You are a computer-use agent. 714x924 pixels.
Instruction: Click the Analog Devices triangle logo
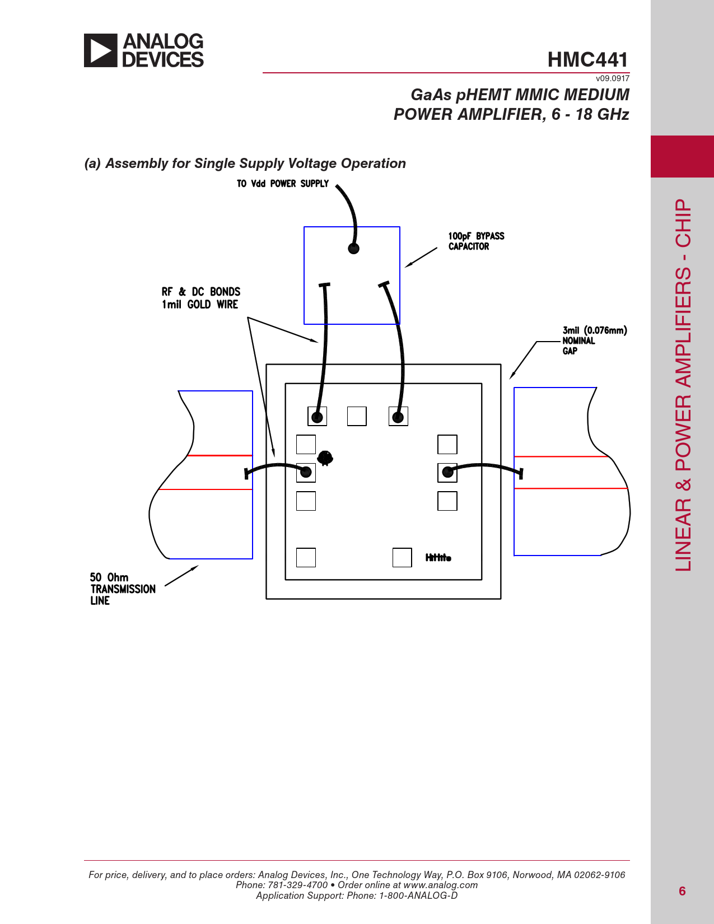click(x=100, y=50)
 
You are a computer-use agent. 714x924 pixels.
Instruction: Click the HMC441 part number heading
click(x=587, y=59)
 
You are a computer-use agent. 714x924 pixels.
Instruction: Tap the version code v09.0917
click(x=613, y=78)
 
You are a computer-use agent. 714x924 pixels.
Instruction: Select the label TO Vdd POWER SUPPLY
click(x=283, y=184)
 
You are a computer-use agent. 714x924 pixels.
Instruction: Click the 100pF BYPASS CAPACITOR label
click(x=477, y=241)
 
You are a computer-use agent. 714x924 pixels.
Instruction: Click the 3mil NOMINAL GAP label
click(x=595, y=340)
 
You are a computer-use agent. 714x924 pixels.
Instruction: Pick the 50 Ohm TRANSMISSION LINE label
click(x=123, y=589)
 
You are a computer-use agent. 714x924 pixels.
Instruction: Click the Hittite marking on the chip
click(x=438, y=557)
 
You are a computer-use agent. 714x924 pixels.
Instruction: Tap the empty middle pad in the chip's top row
click(x=357, y=416)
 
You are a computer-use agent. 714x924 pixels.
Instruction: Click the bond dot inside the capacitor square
click(x=353, y=248)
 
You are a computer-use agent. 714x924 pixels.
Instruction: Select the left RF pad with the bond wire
click(x=306, y=473)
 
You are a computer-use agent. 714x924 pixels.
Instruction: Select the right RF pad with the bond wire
click(x=447, y=473)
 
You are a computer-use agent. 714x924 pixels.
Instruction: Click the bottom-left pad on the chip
click(x=306, y=557)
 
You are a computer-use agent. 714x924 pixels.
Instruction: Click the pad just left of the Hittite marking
click(x=402, y=557)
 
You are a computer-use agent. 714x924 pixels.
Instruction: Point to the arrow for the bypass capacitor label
click(x=421, y=257)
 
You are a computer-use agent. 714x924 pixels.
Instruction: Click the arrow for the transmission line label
click(x=181, y=576)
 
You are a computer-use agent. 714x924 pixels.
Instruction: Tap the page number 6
click(x=682, y=891)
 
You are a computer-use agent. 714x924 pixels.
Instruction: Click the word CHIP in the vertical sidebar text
click(x=683, y=223)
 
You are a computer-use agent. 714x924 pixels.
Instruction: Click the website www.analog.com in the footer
click(x=440, y=885)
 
